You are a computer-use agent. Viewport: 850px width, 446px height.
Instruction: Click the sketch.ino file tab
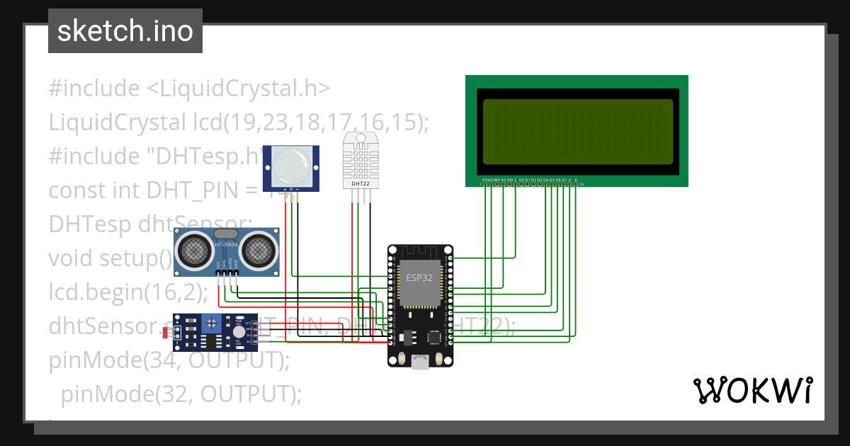tap(125, 31)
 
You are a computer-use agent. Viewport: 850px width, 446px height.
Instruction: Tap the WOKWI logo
tap(752, 390)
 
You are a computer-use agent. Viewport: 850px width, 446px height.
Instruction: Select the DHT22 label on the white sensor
tap(360, 183)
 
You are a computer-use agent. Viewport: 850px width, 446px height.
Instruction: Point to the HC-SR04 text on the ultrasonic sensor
tap(227, 245)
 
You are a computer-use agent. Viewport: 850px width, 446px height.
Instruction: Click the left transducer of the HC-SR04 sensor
tap(193, 248)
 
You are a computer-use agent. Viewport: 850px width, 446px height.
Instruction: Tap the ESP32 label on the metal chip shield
tap(419, 278)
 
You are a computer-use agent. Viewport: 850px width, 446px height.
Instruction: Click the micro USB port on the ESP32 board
tap(420, 362)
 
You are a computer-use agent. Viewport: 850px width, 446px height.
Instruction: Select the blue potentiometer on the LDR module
tap(210, 323)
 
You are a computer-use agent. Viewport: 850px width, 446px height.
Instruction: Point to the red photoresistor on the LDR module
tap(166, 331)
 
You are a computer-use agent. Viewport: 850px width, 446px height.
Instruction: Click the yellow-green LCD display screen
tap(577, 132)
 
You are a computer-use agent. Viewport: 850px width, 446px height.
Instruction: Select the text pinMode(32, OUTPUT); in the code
tap(181, 394)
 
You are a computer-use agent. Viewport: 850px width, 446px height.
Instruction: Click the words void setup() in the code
tap(110, 258)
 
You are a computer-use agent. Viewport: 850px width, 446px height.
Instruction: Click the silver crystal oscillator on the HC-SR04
tap(225, 234)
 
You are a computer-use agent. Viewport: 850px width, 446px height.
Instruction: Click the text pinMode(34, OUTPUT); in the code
tap(170, 360)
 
